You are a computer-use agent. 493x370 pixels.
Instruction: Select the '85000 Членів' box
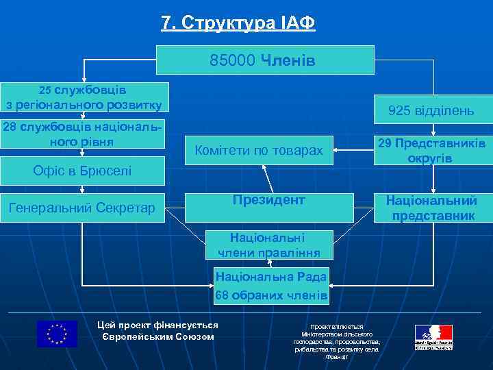pos(266,60)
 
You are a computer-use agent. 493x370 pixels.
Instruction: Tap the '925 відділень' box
pos(431,110)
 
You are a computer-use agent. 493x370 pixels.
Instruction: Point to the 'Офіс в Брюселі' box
pos(82,171)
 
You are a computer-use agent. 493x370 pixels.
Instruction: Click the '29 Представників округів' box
pos(432,150)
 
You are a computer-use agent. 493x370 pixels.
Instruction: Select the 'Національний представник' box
pos(432,208)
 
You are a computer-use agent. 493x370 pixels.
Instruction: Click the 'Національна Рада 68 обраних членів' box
pos(271,286)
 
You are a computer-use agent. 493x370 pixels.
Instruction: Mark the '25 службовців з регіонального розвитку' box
pos(84,97)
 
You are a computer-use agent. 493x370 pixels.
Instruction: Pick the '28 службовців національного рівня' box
pos(83,134)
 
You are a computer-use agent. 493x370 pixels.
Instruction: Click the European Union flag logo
pos(57,334)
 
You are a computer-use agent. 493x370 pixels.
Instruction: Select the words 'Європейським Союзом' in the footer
pos(157,336)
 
